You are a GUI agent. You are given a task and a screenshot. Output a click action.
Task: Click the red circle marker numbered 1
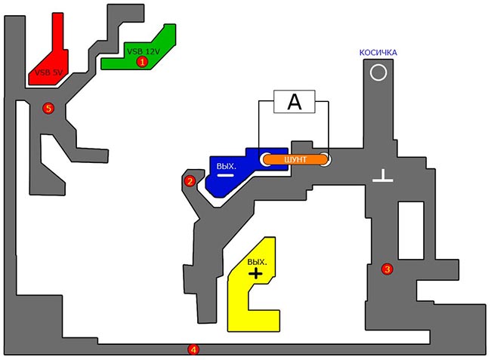coord(142,62)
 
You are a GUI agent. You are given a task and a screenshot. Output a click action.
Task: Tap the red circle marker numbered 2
coord(190,181)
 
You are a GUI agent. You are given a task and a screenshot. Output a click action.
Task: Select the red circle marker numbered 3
coord(388,269)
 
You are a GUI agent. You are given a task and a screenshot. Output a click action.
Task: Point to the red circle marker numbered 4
coord(193,349)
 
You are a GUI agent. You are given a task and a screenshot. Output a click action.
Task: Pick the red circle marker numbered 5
coord(48,109)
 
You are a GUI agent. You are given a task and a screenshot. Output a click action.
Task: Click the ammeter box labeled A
coord(295,102)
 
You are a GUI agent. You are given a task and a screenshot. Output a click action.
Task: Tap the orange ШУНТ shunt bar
coord(295,159)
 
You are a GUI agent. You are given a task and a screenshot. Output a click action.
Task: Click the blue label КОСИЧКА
coord(378,53)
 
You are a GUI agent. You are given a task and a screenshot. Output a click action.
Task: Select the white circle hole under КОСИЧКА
coord(378,72)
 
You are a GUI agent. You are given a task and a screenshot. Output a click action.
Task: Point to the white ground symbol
coord(383,176)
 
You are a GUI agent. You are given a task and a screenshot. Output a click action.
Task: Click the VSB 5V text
coord(48,72)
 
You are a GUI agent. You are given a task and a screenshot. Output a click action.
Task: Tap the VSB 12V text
coord(144,51)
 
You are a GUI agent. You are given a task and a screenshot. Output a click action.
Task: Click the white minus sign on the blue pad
coord(225,175)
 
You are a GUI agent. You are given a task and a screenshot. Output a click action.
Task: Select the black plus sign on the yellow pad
coord(256,274)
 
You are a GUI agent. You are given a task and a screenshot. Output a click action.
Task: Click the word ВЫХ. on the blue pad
coord(226,166)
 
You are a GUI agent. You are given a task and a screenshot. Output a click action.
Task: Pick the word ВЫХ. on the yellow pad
coord(257,262)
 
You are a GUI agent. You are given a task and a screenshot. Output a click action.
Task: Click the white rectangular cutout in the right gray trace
coord(411,230)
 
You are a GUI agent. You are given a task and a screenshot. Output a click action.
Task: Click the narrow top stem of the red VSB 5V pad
coord(58,31)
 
